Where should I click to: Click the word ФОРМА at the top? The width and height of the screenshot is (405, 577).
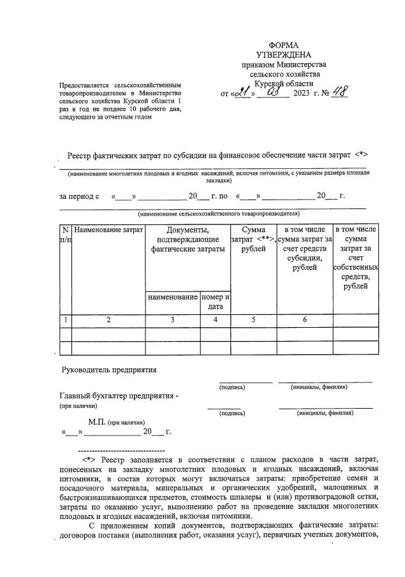pyautogui.click(x=283, y=46)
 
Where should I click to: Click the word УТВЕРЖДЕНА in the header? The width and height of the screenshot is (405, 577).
pyautogui.click(x=283, y=55)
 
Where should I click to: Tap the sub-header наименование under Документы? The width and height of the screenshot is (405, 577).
pyautogui.click(x=172, y=297)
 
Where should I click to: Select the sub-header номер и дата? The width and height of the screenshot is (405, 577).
pyautogui.click(x=215, y=302)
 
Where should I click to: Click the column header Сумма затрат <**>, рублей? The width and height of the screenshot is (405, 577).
pyautogui.click(x=253, y=239)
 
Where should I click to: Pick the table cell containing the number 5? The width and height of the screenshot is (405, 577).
pyautogui.click(x=253, y=320)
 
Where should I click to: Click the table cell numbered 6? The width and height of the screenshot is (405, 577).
pyautogui.click(x=304, y=320)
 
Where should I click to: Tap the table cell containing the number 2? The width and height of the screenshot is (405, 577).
pyautogui.click(x=108, y=320)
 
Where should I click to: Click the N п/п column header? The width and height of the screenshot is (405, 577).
pyautogui.click(x=65, y=234)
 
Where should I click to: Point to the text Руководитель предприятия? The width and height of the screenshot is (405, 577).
pyautogui.click(x=109, y=370)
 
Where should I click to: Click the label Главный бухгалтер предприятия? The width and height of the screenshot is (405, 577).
pyautogui.click(x=119, y=396)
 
